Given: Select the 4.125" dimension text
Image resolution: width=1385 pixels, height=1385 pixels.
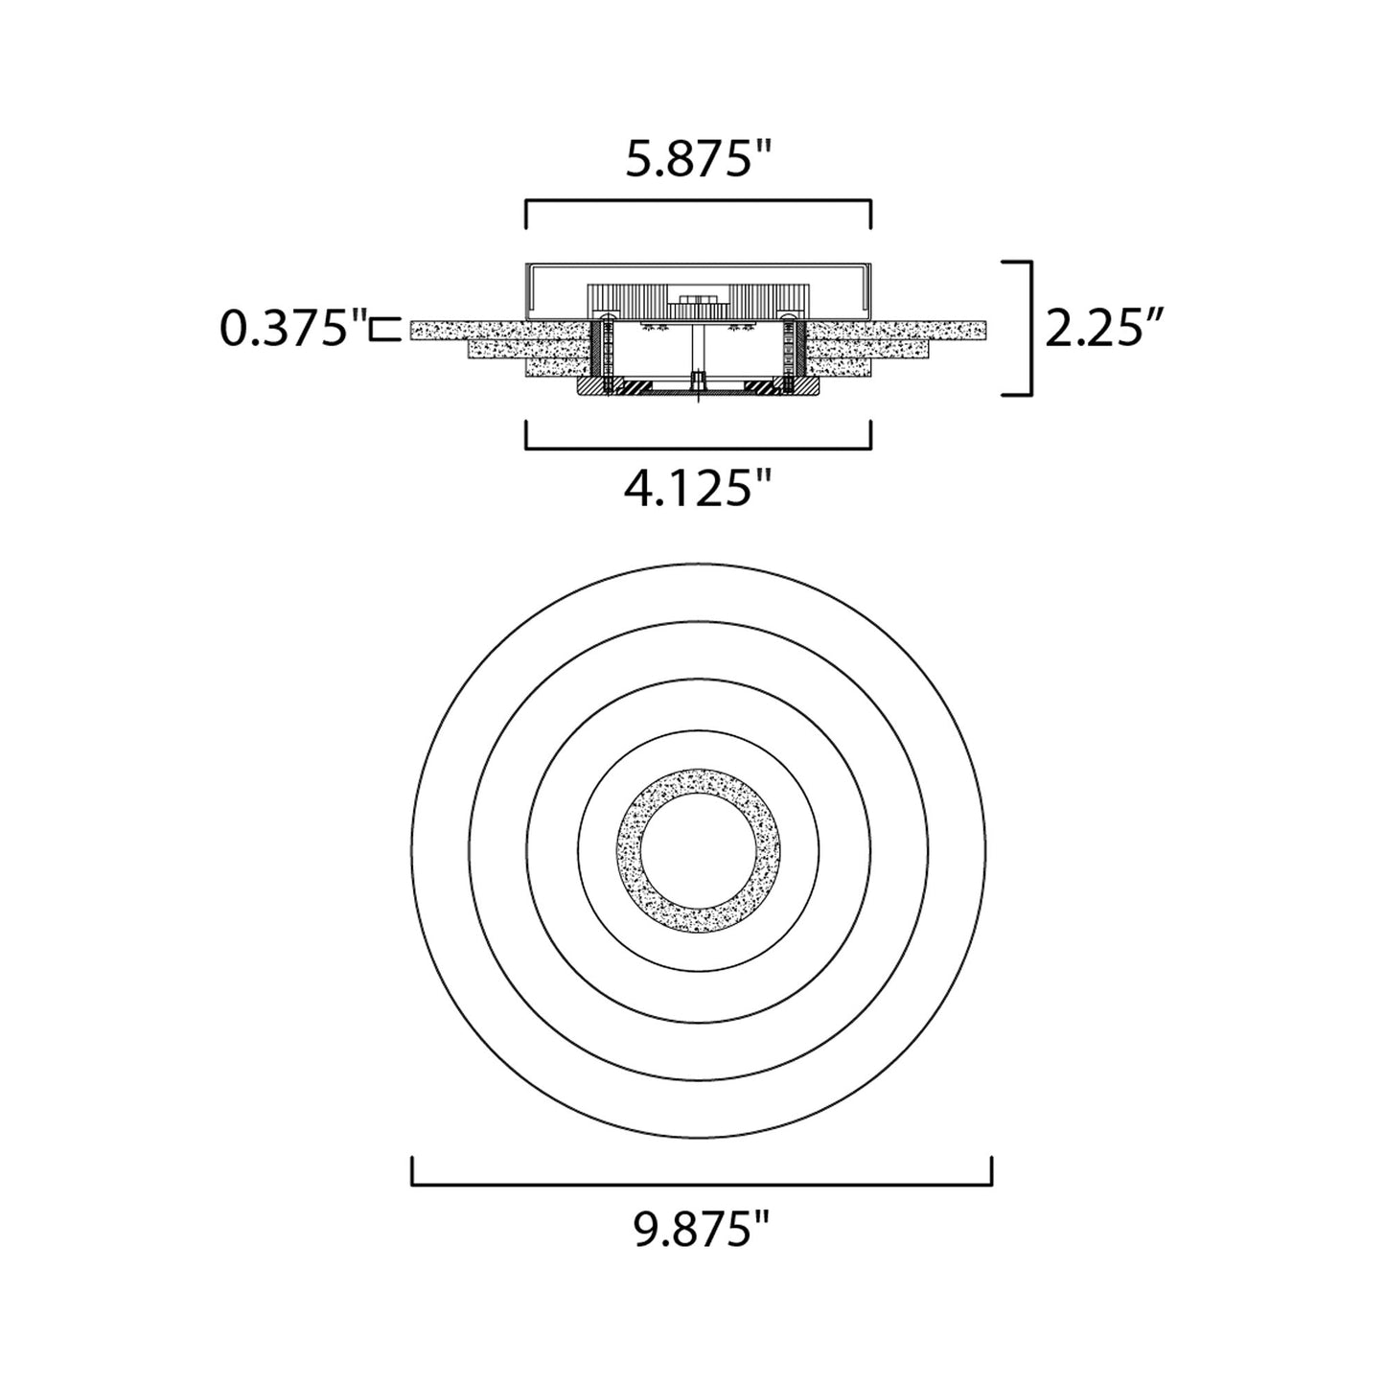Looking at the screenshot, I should tap(699, 490).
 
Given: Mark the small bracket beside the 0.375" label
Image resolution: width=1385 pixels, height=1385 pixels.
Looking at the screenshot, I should tap(387, 329).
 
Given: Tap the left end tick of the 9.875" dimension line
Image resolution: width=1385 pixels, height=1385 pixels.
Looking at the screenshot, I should tap(413, 1171).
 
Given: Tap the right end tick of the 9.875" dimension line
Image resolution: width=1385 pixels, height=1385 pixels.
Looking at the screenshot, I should tap(991, 1171).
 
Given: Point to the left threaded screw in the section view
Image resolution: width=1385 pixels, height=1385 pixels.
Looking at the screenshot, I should tap(606, 357).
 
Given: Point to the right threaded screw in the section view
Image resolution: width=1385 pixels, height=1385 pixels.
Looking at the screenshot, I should tap(790, 357).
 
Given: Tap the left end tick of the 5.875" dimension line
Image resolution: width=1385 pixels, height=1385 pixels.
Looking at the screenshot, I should tap(526, 214).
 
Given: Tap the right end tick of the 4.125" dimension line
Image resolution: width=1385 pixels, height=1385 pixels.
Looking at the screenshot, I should tap(870, 434).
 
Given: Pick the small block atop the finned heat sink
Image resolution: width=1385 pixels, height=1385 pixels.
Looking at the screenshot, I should tap(698, 300).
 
